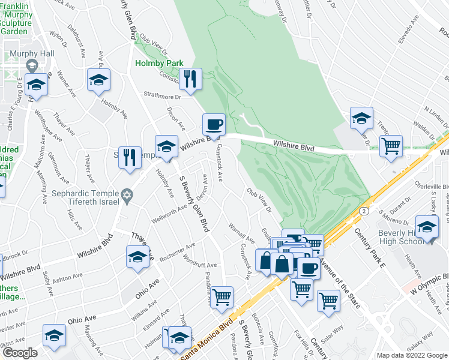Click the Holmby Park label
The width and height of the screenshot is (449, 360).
pos(158,62)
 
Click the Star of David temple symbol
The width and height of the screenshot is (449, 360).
pos(126,196)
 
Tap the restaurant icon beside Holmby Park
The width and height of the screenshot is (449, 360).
pos(190,80)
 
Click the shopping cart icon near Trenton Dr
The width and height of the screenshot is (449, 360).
pos(391,145)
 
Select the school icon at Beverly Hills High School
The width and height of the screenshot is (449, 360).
pos(427,229)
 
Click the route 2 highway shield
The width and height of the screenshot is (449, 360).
pos(364,212)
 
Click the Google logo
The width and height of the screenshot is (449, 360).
pos(20,353)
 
